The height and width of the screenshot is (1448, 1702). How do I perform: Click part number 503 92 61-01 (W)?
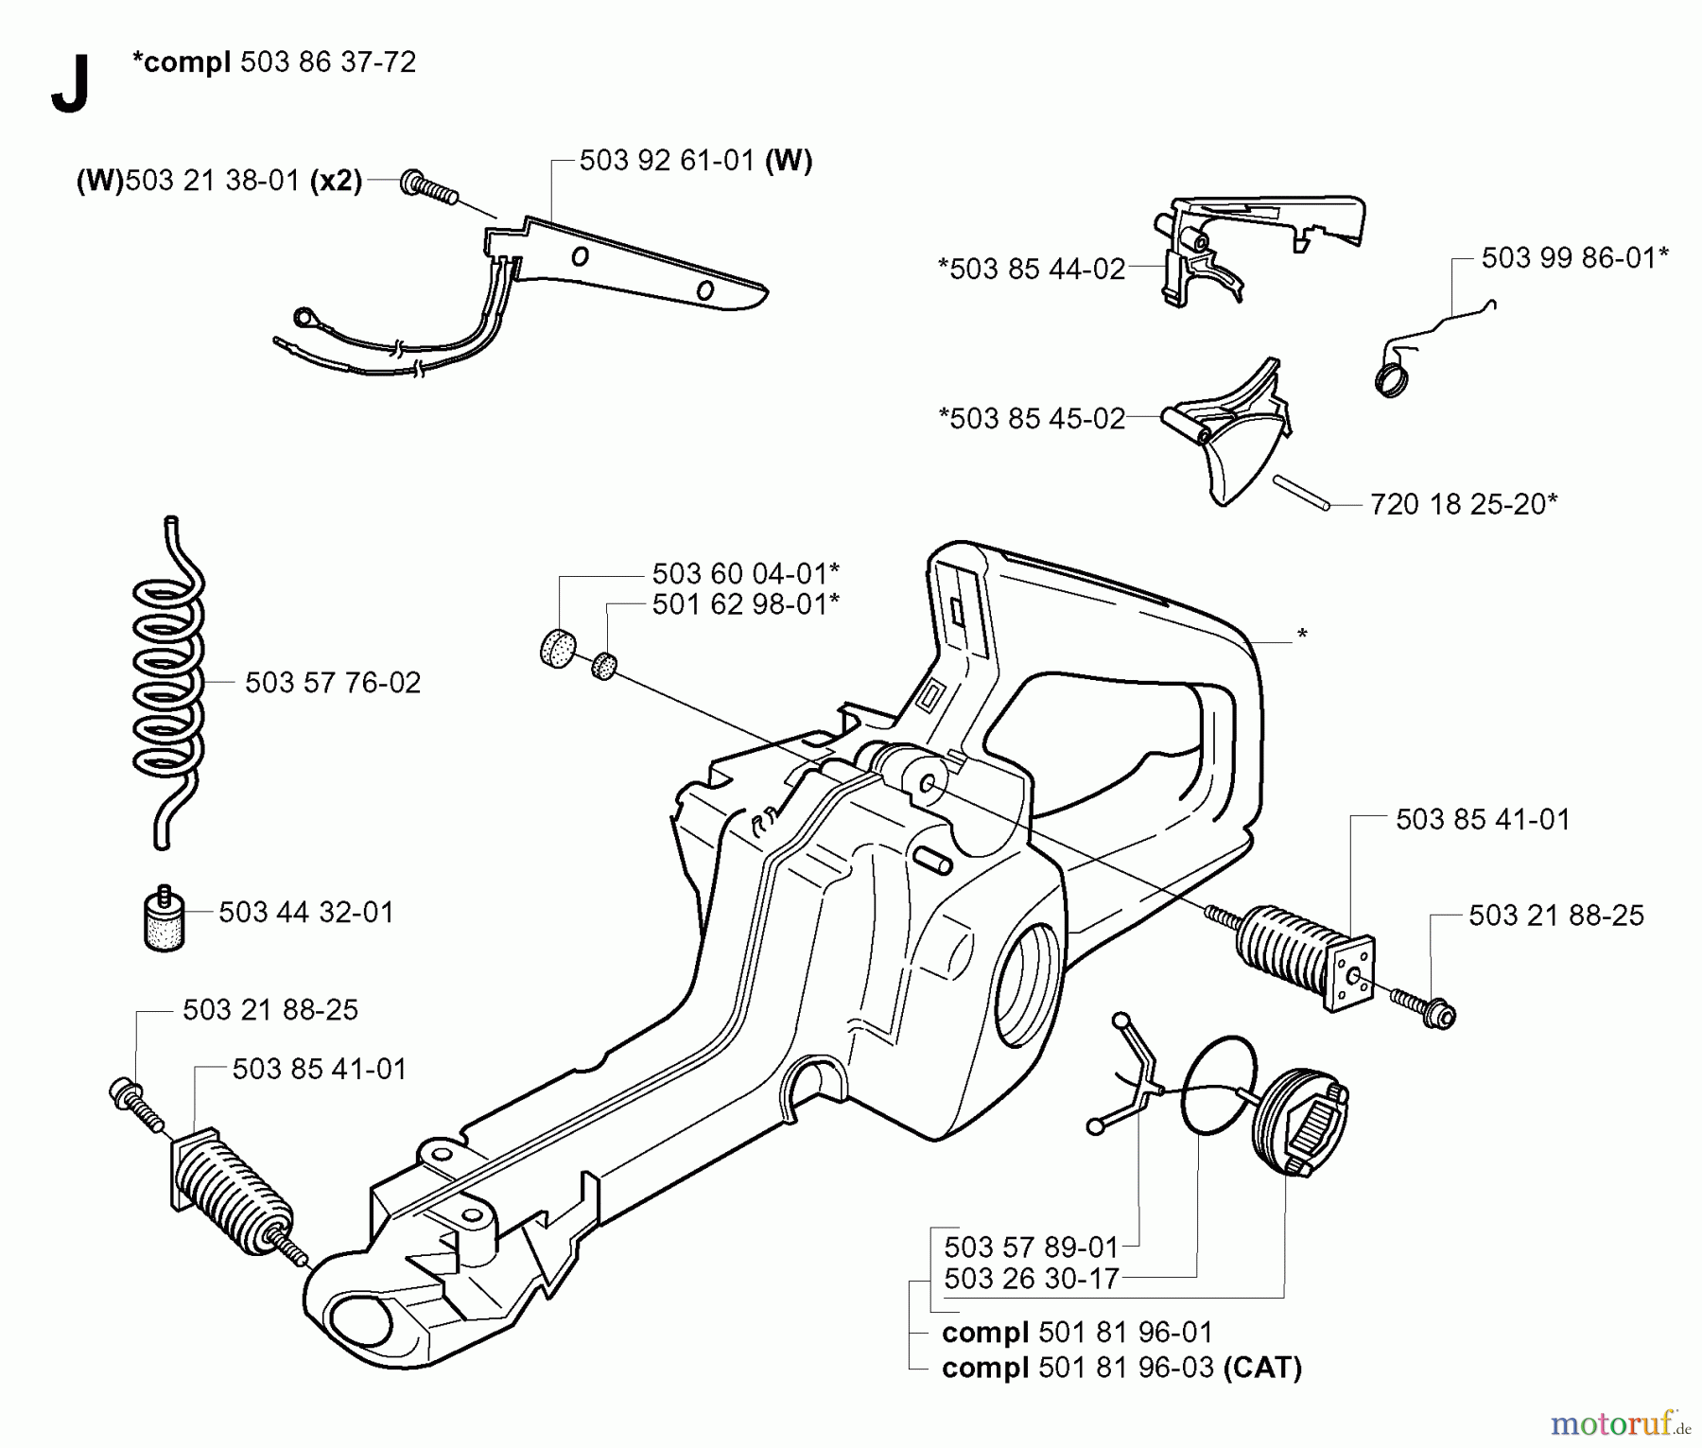point(695,161)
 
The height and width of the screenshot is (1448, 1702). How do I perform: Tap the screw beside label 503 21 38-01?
point(428,186)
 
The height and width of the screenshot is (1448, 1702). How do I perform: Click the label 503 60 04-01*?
point(745,573)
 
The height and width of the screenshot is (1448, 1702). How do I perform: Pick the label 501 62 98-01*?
point(745,604)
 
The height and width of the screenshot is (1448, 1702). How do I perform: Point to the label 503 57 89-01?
point(1031,1247)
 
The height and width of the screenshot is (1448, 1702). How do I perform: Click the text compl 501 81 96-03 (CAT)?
point(1121,1368)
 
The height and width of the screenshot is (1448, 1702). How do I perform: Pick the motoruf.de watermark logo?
point(1622,1422)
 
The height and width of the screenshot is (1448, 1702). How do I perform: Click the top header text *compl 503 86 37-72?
point(274,62)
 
